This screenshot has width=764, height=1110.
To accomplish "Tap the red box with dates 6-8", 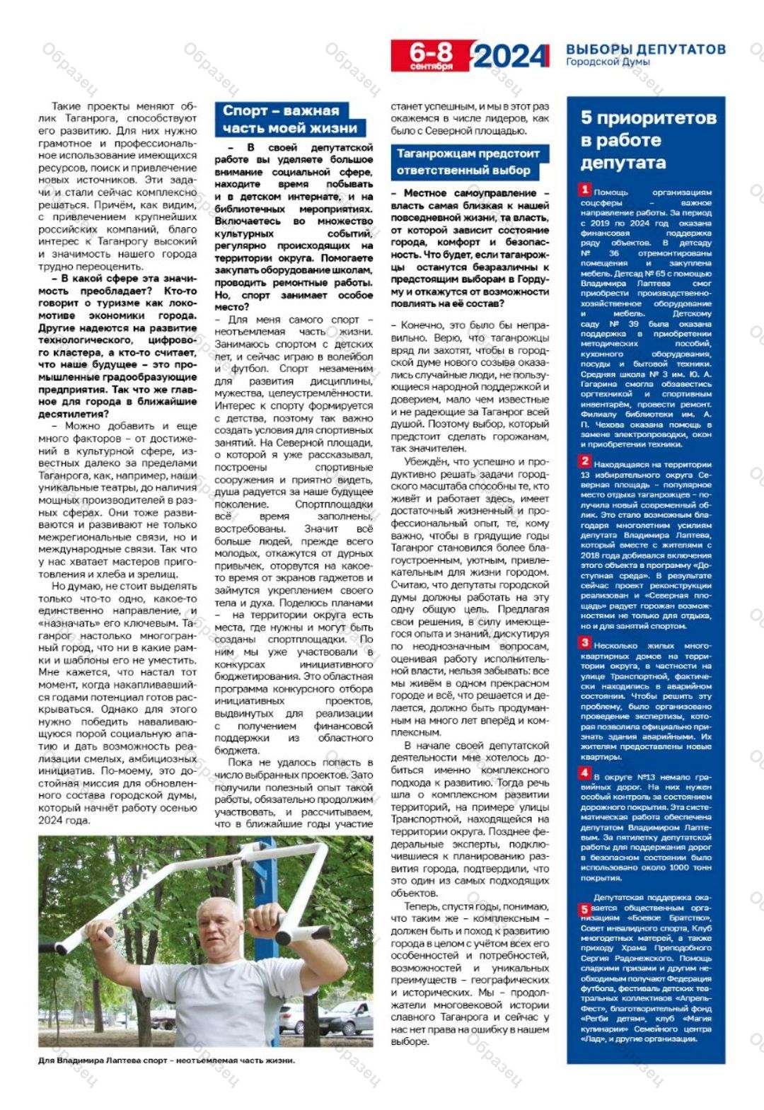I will pos(431,55).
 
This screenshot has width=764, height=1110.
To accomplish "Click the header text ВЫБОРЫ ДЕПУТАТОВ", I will pos(645,50).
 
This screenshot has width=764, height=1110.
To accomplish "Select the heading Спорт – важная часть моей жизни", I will pos(290,119).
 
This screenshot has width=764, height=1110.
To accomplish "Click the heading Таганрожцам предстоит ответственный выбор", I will pos(468,162).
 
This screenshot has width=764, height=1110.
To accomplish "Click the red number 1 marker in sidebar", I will pos(585,190).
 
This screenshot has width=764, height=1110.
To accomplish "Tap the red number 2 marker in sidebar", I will pos(585,461).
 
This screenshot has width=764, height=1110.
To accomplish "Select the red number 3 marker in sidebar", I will pos(585,642).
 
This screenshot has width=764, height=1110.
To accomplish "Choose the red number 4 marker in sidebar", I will pos(585,773).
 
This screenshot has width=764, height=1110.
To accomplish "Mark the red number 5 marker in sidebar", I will pos(585,909).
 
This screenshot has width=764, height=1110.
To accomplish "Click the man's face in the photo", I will pos(219,928).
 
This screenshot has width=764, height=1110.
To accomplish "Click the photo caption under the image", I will pos(166,1060).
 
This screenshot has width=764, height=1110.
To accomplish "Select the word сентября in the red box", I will pos(431,67).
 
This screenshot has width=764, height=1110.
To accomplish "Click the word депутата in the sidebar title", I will pos(623,163).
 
